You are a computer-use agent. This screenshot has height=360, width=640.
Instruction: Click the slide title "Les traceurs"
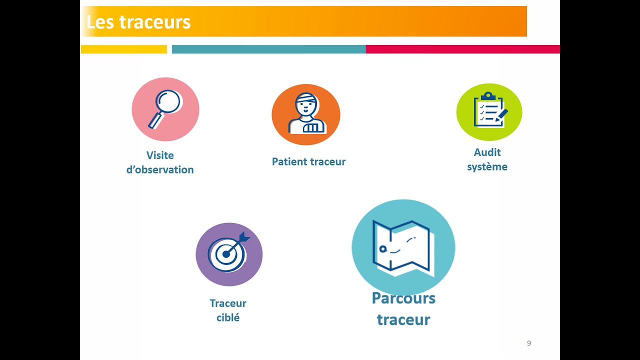pos(138,22)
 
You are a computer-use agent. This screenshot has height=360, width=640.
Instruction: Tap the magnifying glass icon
pos(165,109)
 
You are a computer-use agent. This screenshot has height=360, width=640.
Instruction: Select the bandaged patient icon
pos(306,114)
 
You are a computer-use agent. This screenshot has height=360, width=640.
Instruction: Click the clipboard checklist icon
pos(489,111)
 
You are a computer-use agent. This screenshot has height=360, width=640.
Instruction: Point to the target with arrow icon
pos(228,254)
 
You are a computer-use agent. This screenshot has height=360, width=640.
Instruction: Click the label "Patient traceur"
pos(308,162)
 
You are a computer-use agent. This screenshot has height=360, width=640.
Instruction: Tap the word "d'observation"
pos(160,170)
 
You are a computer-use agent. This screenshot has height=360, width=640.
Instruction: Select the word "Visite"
pos(160,155)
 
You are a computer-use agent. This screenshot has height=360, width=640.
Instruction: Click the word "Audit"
pos(487,152)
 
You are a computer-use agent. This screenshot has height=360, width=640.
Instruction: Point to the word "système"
pos(487,167)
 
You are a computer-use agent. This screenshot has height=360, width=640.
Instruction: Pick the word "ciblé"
pos(228,317)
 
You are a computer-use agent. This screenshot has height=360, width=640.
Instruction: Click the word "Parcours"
pos(403,298)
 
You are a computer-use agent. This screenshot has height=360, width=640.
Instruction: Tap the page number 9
pos(529,343)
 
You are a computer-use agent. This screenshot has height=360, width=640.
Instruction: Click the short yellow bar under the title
pos(123,49)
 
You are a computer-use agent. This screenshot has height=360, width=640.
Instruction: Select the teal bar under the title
pos(268,49)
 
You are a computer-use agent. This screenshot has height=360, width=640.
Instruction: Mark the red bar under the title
pos(462,49)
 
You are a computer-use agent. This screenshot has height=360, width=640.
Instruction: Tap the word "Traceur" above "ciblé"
pos(228,303)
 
